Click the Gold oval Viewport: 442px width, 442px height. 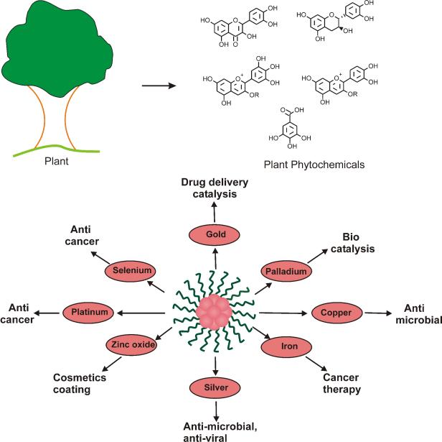[214, 234]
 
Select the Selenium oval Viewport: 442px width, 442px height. [131, 271]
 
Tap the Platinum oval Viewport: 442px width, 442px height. [88, 313]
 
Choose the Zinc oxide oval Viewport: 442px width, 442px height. [131, 344]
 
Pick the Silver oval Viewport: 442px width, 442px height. [215, 387]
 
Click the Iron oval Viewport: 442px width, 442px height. [286, 346]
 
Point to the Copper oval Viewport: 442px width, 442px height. [337, 313]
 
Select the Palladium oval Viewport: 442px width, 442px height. [286, 271]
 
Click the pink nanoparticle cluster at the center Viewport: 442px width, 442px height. [215, 312]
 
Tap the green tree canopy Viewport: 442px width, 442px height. [57, 48]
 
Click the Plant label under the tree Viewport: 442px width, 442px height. [57, 161]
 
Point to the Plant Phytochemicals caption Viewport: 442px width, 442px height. [314, 165]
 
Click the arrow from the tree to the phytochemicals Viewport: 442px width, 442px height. [159, 86]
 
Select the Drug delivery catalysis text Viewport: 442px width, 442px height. [215, 188]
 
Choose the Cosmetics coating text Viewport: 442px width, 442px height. [80, 383]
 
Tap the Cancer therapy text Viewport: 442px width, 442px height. [342, 383]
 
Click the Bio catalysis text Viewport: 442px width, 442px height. [352, 243]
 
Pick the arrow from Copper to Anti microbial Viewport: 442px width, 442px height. [378, 313]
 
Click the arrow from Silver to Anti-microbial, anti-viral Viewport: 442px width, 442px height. [216, 411]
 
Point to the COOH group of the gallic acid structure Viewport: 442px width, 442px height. [291, 111]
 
